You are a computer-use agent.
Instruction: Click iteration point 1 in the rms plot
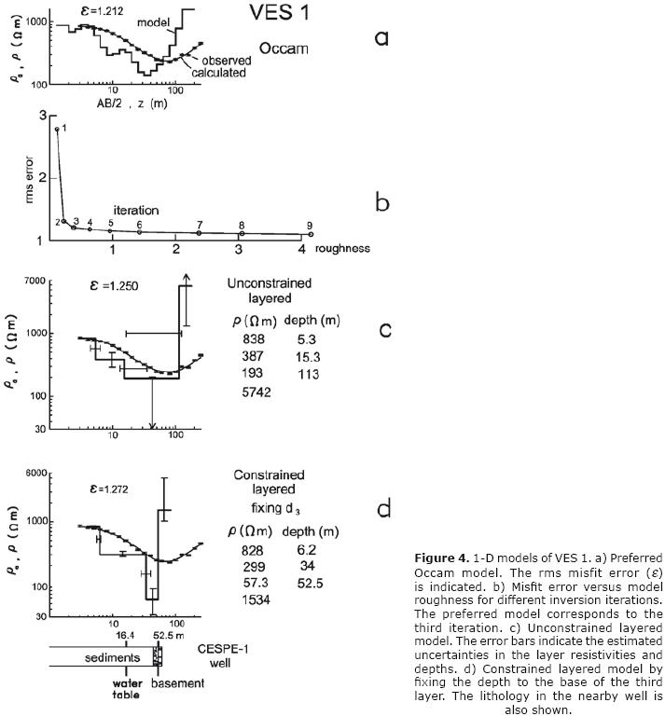coord(57,129)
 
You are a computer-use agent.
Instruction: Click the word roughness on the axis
coord(344,248)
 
